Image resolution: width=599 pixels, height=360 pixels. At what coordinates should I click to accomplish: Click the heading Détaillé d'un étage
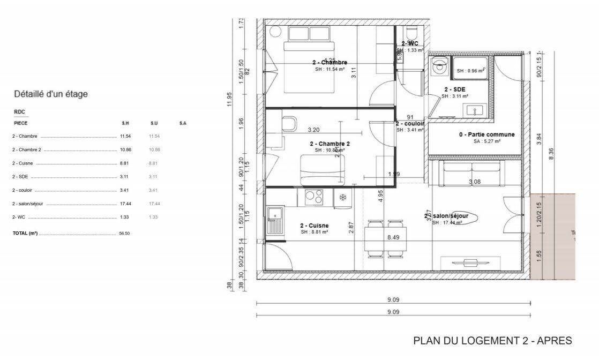50,94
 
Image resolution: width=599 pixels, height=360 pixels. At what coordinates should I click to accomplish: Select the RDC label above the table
19,112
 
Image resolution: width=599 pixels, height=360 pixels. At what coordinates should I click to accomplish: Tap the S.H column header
125,123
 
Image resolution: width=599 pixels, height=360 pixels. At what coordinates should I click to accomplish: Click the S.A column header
183,123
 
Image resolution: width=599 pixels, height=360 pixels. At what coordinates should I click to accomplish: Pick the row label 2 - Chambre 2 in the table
26,149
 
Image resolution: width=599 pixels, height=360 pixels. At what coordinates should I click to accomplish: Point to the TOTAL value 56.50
124,234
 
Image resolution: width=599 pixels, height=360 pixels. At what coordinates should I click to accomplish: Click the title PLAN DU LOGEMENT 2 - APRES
492,341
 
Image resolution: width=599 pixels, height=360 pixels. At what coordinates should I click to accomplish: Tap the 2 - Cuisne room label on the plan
315,226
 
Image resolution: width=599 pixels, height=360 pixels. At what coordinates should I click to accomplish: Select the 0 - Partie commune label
486,134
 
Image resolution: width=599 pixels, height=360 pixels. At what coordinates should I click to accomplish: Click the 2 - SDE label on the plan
455,89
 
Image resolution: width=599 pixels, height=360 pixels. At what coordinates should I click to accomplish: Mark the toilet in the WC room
411,35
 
